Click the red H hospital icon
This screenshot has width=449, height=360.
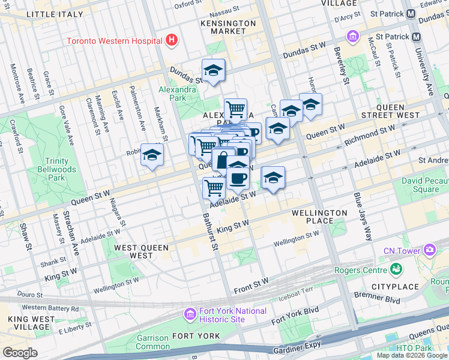(172, 40)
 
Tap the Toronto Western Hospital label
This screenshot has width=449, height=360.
(114, 41)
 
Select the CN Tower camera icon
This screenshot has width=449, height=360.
(430, 249)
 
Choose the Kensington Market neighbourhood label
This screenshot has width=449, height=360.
(228, 27)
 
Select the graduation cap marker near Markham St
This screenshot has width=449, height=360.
(152, 155)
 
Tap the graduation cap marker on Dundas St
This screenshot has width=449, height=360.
(213, 71)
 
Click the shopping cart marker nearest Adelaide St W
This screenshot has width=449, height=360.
(214, 188)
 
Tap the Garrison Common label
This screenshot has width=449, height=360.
(152, 342)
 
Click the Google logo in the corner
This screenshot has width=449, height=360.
(20, 352)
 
